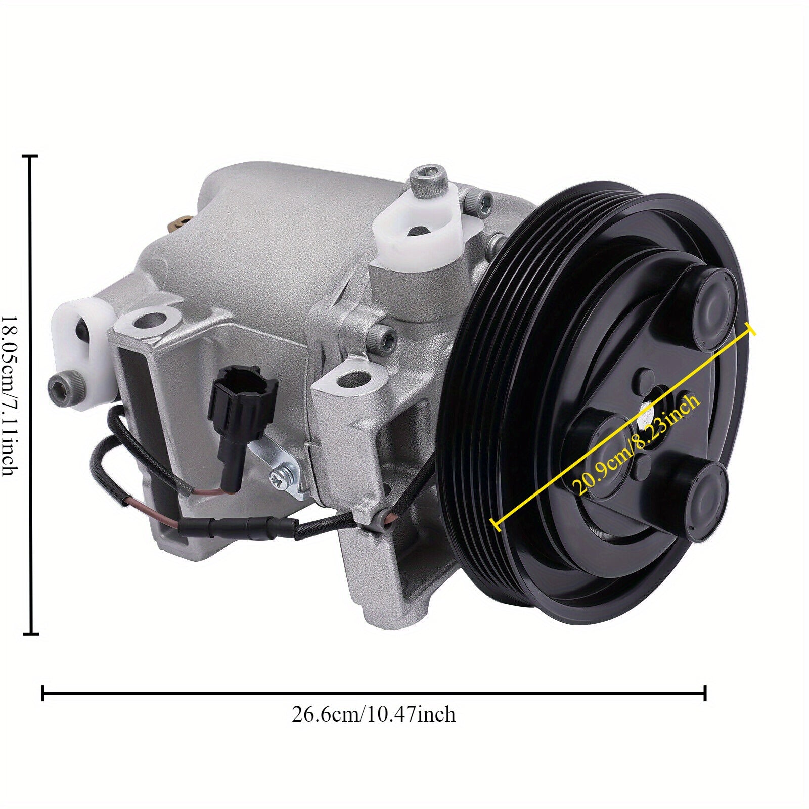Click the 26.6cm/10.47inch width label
point(374,714)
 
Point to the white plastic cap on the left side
point(80,339)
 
